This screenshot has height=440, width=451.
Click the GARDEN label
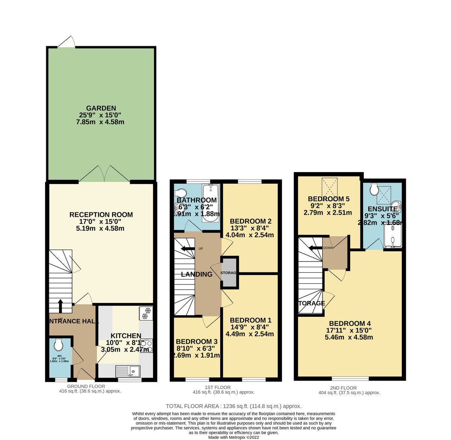point(101,108)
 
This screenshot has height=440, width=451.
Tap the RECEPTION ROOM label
point(101,215)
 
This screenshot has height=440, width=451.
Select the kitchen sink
point(127,371)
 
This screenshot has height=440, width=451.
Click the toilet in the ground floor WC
point(58,344)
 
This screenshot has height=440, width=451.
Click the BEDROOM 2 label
point(250,221)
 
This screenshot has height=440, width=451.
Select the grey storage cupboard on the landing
point(229,272)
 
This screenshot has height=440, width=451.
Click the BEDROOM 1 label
point(250,320)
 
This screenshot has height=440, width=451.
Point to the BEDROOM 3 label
point(197,342)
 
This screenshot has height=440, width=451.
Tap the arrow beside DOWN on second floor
point(316,248)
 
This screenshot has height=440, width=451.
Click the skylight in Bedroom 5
point(330,187)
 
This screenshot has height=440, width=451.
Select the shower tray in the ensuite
point(392,236)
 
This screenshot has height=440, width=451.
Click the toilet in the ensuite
point(374,189)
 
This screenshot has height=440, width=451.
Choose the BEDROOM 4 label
point(350,324)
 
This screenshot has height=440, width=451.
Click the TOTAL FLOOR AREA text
point(233,406)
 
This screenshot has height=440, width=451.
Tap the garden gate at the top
point(67,42)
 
